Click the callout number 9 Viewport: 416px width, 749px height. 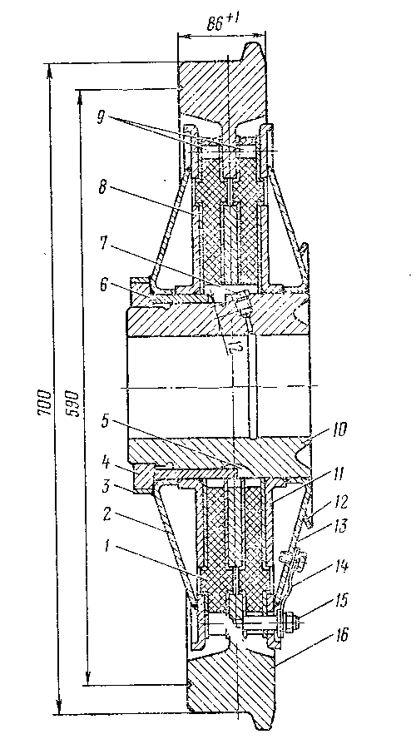(x=101, y=118)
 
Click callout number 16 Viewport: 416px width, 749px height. (x=337, y=634)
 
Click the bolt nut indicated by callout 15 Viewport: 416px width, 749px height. (x=289, y=621)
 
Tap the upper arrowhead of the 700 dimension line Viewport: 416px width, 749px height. (x=50, y=70)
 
